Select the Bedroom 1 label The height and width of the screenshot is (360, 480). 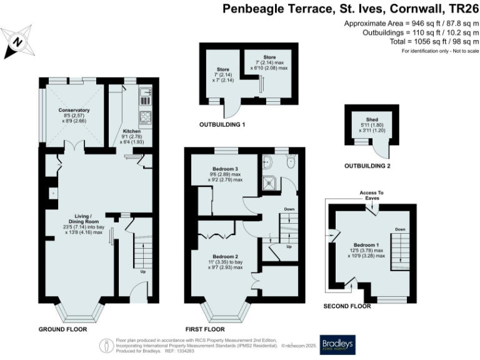coord(366,245)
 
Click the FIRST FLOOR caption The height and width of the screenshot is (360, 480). coord(205,329)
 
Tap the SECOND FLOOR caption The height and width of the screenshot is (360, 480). coord(347,306)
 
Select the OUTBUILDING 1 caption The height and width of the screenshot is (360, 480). coord(222,124)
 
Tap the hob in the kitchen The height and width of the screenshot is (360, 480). coord(146,116)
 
